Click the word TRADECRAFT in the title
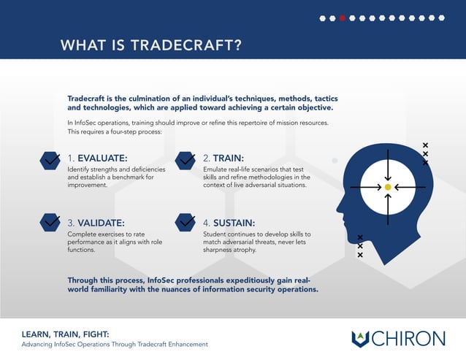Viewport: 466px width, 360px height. (x=186, y=45)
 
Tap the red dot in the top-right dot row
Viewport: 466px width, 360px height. (x=343, y=18)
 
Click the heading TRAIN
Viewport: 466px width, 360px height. (x=228, y=158)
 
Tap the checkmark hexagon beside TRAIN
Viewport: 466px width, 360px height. (x=186, y=158)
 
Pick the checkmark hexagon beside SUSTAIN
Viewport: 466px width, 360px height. (x=186, y=221)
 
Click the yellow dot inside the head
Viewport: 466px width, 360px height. (x=388, y=188)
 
